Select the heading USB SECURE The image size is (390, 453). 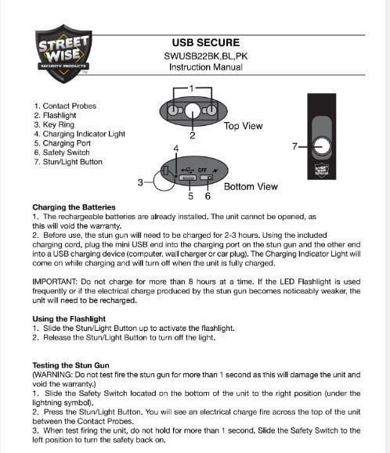pos(205,41)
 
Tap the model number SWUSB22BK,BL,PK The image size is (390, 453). pos(205,56)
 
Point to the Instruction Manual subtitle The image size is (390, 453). pos(205,67)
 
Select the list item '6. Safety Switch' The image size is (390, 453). pos(70,153)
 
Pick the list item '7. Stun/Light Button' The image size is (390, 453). pos(74,162)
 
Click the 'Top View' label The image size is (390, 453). pos(243,125)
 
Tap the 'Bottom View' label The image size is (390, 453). pos(250,187)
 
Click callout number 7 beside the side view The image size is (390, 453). pos(294,146)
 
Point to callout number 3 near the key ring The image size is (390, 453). pos(140,183)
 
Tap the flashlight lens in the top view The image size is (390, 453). pos(192,114)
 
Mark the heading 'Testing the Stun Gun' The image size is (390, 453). pos(71,365)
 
